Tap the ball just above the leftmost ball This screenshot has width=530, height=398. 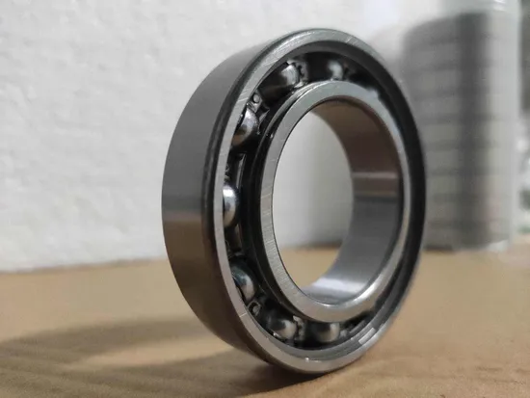click(x=247, y=125)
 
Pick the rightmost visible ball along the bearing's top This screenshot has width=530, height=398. click(x=336, y=68)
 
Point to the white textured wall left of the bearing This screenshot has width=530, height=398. click(x=77, y=116)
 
